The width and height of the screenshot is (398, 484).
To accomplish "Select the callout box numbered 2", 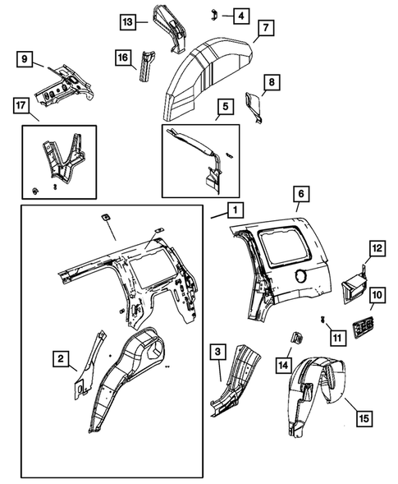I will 60,357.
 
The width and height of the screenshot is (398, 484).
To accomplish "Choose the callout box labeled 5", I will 224,106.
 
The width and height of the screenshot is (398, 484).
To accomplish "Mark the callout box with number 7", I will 264,29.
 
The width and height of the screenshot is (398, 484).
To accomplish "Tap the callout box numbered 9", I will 25,58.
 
